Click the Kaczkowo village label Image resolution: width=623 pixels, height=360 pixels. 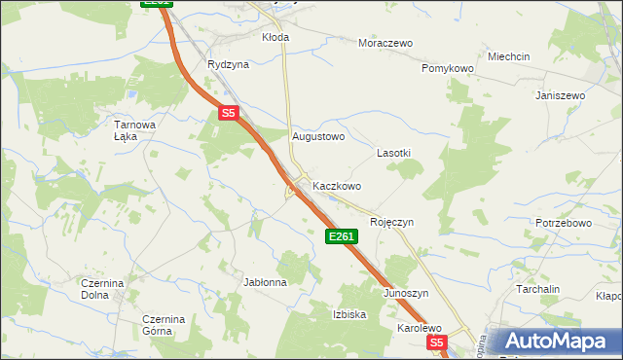point(337,185)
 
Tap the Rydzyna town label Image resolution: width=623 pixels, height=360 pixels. point(228,64)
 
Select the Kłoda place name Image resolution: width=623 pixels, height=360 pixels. point(275,37)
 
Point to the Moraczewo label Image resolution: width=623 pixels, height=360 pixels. point(385,43)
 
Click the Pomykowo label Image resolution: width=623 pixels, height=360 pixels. point(447,69)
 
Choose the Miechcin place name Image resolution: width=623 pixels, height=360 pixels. point(508,57)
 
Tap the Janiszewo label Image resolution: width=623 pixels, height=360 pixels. point(560,95)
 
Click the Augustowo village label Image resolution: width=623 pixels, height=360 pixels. point(318,137)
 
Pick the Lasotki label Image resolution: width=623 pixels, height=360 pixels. point(393,154)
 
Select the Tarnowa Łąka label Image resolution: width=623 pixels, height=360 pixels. point(135,130)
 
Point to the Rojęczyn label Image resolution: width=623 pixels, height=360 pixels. point(391,222)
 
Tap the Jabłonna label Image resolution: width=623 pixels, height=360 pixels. point(265,282)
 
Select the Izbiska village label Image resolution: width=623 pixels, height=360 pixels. point(349,314)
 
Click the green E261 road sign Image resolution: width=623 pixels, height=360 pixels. point(342,236)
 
